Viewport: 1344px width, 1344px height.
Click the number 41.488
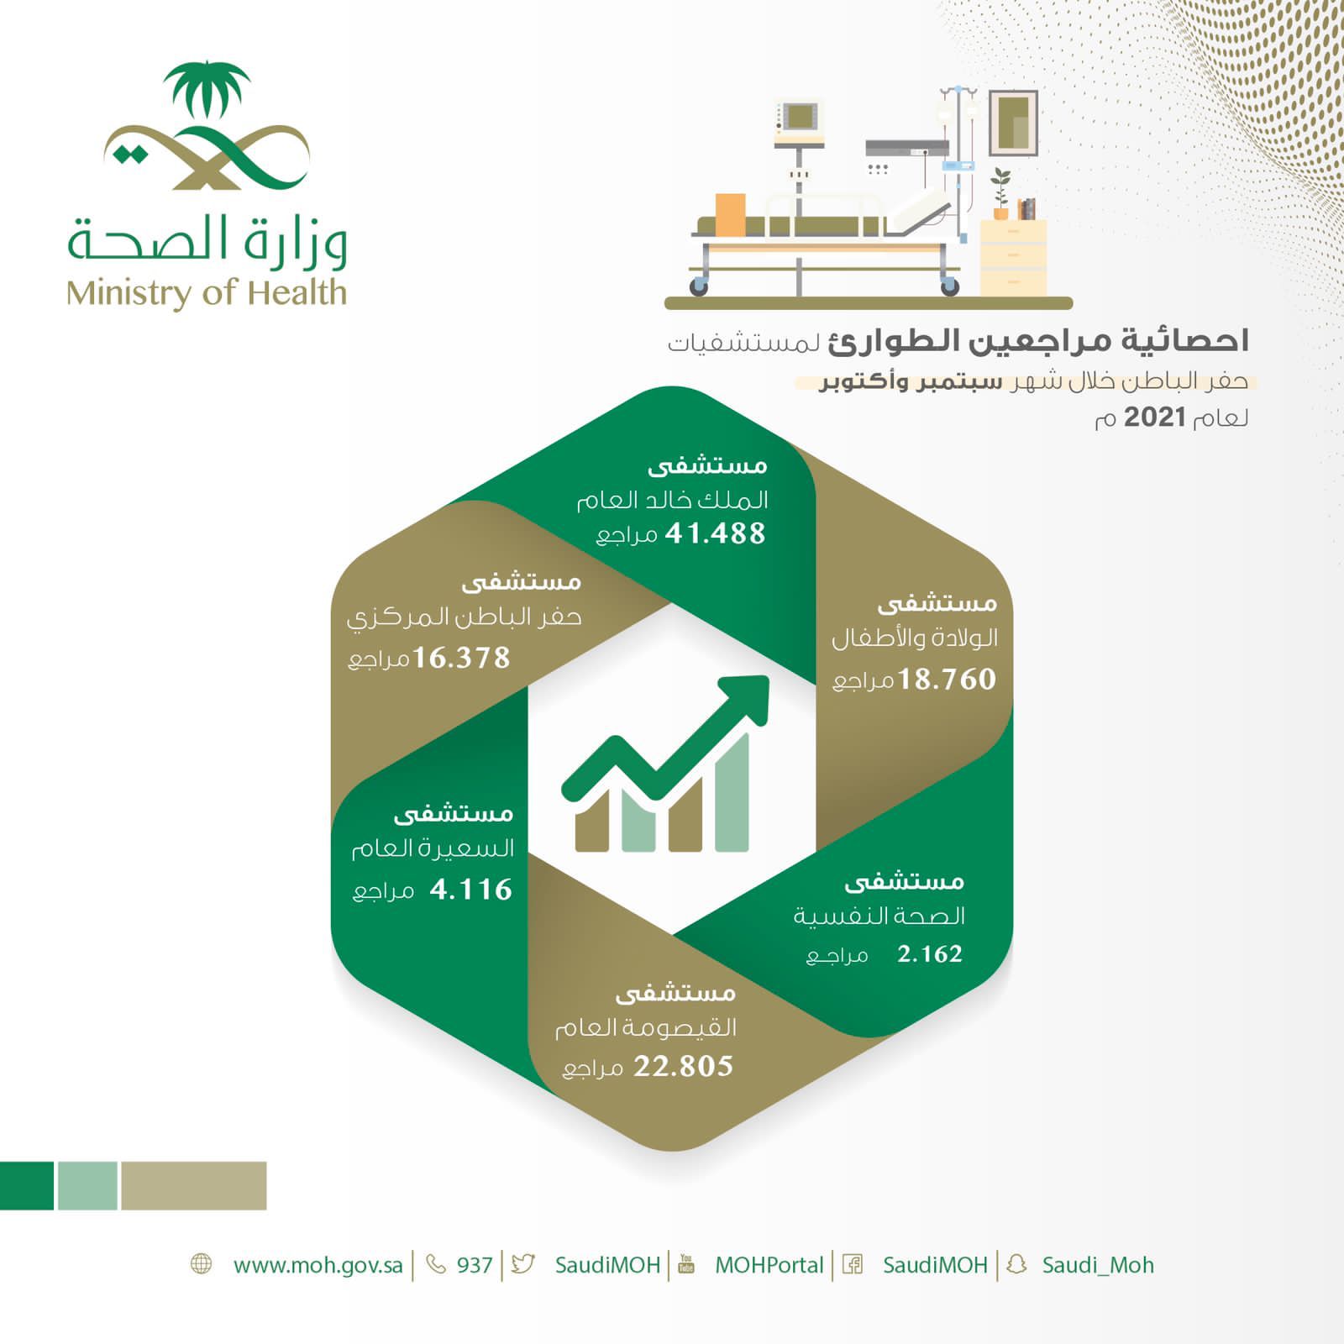715,533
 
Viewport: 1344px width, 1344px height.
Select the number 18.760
947,679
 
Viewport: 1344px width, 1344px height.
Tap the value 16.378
461,658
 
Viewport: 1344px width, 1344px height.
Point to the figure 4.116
470,890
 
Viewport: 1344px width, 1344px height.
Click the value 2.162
929,954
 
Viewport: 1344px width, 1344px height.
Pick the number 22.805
683,1067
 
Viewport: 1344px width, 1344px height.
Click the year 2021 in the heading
1154,417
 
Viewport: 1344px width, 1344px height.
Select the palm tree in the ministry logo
207,88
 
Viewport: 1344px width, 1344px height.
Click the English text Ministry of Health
207,293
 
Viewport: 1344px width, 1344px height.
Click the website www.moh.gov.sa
318,1265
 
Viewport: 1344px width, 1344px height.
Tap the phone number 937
475,1265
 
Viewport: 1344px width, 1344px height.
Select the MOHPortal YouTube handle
769,1265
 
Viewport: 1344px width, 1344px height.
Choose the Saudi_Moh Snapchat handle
1097,1265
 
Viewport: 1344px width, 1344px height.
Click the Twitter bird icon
522,1264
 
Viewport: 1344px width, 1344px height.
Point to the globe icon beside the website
202,1264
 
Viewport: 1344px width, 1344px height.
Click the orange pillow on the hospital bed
730,214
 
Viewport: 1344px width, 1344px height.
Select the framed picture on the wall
1013,123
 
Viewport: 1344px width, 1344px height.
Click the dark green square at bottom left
26,1185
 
